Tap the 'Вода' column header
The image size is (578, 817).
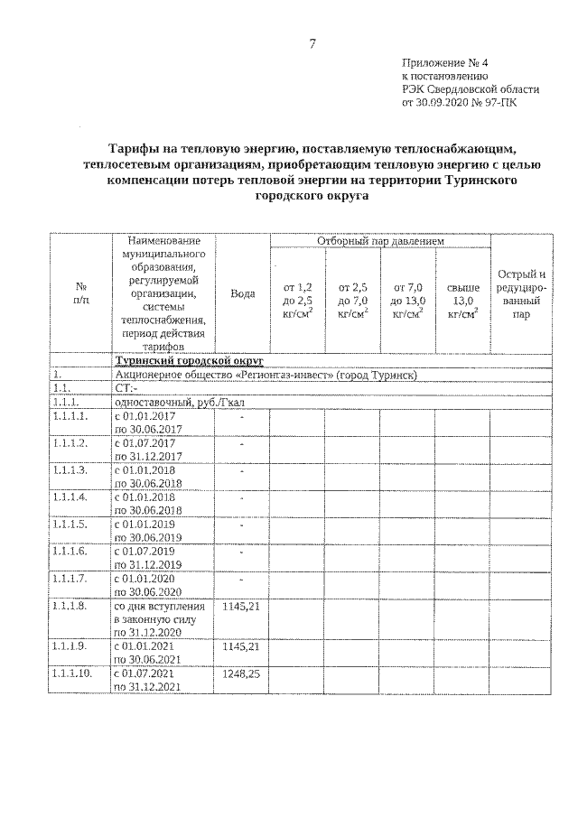(241, 293)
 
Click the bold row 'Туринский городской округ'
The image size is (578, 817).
(187, 361)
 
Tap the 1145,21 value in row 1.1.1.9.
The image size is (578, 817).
(241, 647)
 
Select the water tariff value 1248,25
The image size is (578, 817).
(241, 674)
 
